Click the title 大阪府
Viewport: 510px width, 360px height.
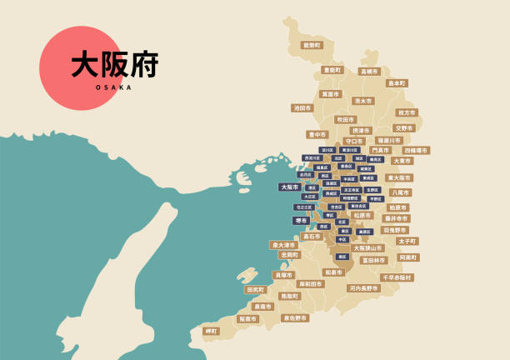(x=114, y=65)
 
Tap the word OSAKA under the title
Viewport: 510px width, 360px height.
(x=114, y=87)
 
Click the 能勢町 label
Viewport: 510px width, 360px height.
(x=311, y=45)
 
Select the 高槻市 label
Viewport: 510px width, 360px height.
(x=369, y=72)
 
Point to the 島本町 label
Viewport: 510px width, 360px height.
(x=397, y=83)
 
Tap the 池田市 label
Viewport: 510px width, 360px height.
(x=302, y=108)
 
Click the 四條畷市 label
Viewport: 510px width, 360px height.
(x=417, y=151)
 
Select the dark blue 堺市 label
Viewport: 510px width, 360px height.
(x=301, y=221)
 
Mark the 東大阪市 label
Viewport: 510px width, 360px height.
(x=399, y=177)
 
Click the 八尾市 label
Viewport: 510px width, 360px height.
(x=401, y=192)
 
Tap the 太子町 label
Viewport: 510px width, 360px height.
(x=407, y=241)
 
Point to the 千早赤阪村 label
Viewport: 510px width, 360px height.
(x=397, y=277)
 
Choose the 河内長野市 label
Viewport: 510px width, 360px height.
(x=364, y=288)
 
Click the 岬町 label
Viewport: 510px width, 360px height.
(x=211, y=332)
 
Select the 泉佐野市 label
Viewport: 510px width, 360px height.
(x=295, y=317)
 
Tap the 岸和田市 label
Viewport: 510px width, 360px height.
(x=311, y=284)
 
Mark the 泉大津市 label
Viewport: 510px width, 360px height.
(x=283, y=245)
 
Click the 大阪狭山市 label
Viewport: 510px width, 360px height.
(x=367, y=248)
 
